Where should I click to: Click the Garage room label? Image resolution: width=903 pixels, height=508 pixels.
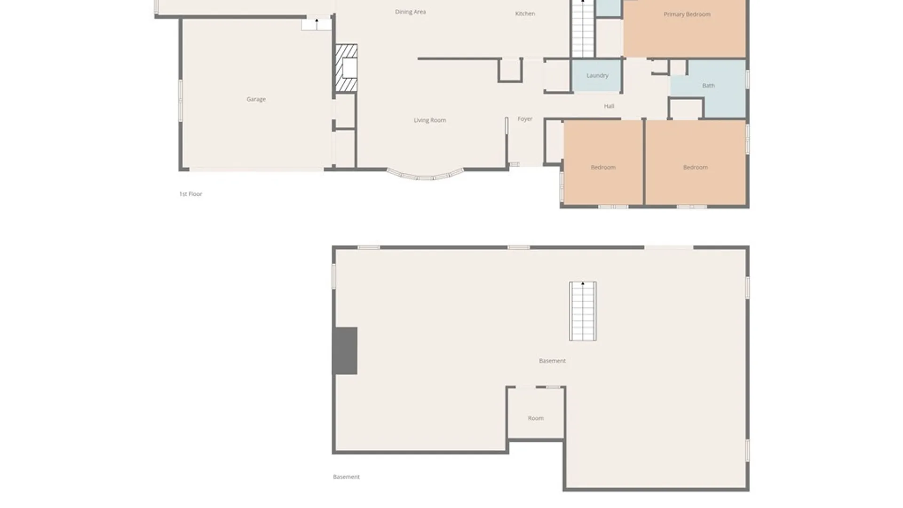click(x=256, y=99)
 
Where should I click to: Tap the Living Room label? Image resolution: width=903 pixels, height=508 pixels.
click(x=429, y=120)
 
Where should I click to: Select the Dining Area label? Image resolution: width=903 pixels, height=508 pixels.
click(x=410, y=12)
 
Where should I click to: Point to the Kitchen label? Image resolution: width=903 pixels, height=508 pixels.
click(x=525, y=14)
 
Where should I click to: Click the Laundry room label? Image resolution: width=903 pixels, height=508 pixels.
click(x=597, y=76)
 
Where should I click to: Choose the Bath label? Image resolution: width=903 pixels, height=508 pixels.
click(x=708, y=86)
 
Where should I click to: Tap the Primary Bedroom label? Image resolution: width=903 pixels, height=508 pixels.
click(x=687, y=14)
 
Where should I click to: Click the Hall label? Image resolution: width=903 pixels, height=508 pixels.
click(x=609, y=106)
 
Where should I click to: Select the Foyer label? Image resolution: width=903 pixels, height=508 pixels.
click(x=525, y=119)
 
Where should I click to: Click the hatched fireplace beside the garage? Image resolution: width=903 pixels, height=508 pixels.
click(x=346, y=68)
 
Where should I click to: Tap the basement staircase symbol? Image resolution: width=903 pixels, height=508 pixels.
click(x=583, y=311)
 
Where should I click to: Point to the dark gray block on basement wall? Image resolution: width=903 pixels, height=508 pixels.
click(x=345, y=351)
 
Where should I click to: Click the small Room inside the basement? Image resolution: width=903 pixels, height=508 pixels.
click(x=536, y=413)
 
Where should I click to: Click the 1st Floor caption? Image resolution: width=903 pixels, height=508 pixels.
click(x=190, y=194)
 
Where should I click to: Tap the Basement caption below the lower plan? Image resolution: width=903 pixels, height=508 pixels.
click(x=346, y=477)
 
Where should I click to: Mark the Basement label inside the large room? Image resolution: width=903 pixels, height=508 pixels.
click(x=552, y=361)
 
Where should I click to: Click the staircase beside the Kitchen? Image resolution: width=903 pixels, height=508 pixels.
click(x=583, y=29)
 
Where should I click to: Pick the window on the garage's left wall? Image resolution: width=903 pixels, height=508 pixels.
click(x=180, y=101)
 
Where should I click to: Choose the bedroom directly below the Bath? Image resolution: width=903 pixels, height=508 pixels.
click(x=695, y=163)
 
